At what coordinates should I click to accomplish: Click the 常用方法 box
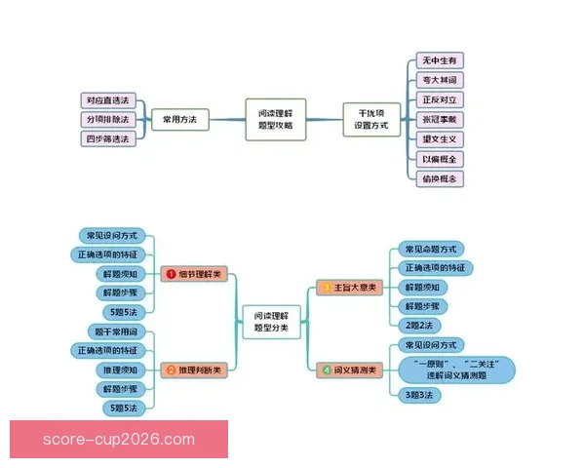[179, 119]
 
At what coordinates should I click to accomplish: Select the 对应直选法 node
[107, 100]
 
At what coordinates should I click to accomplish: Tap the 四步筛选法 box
[107, 138]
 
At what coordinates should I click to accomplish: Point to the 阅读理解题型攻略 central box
[275, 119]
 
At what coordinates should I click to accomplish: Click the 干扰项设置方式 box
[371, 119]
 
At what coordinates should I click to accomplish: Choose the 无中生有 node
[439, 60]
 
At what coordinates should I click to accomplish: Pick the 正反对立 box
[439, 99]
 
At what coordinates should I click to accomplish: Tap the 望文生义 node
[439, 138]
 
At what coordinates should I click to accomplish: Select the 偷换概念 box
[439, 178]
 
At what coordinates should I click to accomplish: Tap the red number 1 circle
[170, 276]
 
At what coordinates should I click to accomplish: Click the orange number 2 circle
[170, 370]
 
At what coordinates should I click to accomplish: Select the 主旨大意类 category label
[356, 288]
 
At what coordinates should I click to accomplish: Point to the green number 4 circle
[326, 370]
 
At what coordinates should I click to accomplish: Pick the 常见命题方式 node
[430, 250]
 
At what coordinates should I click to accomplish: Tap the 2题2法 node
[418, 325]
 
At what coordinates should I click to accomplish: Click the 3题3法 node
[418, 394]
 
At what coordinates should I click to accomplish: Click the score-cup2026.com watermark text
[119, 440]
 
